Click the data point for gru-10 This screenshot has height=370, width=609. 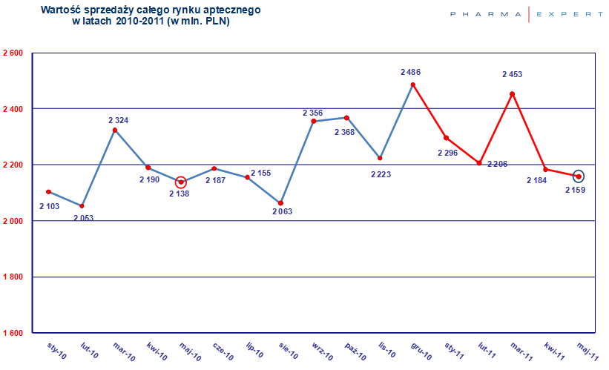pos(413,85)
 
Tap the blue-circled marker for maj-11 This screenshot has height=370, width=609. pos(579,176)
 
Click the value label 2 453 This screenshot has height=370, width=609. pos(513,74)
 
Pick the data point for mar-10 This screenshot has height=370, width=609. pos(115,130)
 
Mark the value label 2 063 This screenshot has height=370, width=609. pos(283,211)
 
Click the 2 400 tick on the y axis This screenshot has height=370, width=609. pos(13,109)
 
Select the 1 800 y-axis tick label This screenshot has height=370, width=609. pos(13,277)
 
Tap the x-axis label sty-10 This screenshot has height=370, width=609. pos(56,351)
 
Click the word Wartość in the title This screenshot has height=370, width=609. pos(62,11)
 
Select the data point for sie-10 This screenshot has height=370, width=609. pos(280,202)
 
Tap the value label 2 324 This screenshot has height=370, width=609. pos(119,119)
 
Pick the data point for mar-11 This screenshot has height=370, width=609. pos(513,93)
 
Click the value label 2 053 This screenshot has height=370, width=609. pos(84,217)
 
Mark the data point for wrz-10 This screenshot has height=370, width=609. pos(314,121)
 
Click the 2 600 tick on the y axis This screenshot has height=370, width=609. pos(13,53)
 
